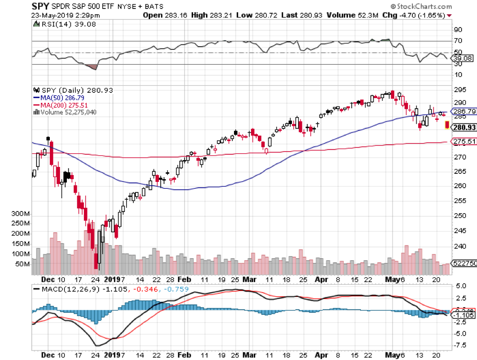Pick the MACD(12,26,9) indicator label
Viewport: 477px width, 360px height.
click(66, 289)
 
